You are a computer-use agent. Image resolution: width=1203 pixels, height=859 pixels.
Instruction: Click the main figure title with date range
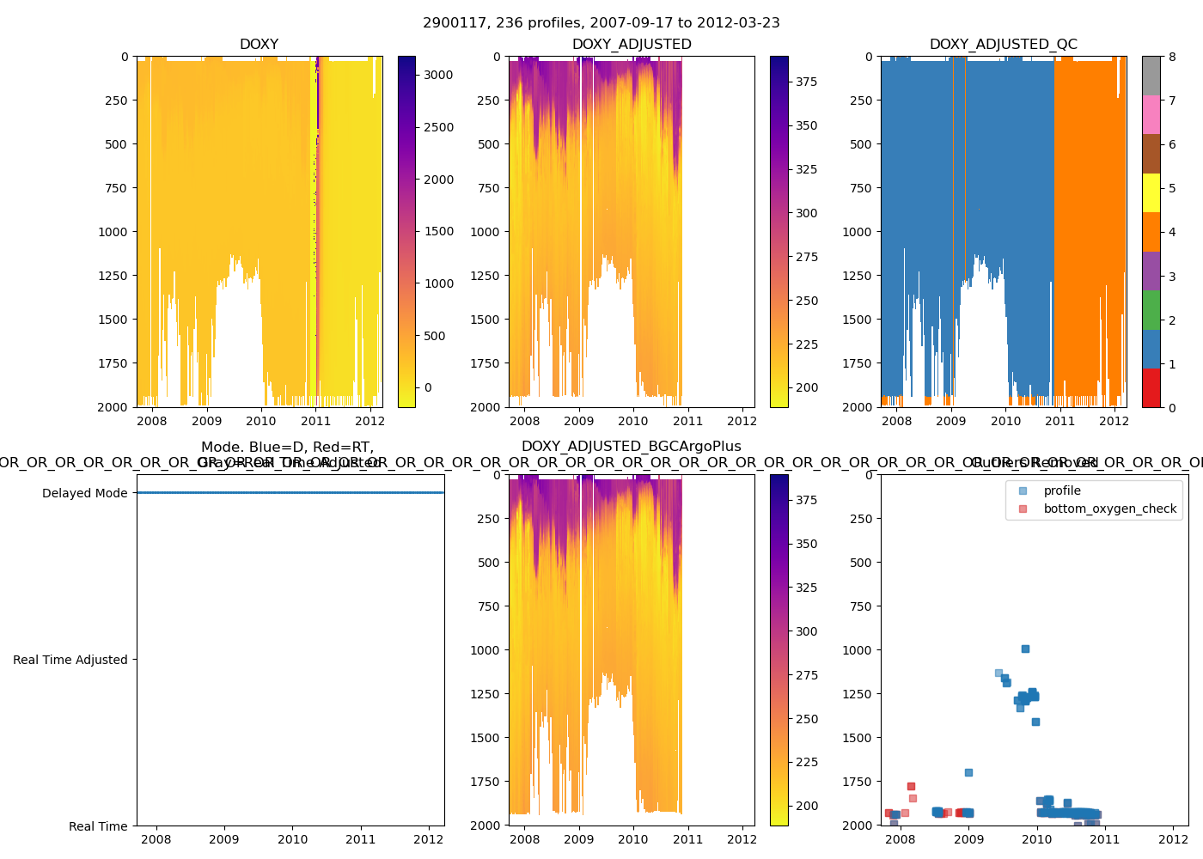[601, 23]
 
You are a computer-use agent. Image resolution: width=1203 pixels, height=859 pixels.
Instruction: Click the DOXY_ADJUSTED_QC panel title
[1003, 45]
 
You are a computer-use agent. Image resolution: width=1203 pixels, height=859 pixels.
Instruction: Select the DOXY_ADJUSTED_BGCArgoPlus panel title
[631, 447]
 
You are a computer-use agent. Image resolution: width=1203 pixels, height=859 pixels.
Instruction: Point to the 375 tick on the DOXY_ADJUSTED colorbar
[806, 82]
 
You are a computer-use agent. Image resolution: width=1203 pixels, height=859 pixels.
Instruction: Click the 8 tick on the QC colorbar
[1172, 57]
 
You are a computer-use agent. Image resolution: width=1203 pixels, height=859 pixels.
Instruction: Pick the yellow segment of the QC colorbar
[1151, 192]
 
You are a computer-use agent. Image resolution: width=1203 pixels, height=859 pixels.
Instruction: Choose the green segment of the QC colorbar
[1151, 310]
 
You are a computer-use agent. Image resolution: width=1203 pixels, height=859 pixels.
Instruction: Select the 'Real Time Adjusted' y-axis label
[70, 660]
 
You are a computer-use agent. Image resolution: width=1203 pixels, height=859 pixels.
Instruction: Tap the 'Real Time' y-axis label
[98, 826]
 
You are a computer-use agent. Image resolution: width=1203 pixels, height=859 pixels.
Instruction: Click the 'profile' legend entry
[1062, 490]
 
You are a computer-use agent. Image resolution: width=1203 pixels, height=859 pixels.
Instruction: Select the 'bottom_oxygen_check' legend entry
[1109, 509]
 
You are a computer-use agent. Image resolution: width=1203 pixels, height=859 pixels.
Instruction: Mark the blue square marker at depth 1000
[1025, 649]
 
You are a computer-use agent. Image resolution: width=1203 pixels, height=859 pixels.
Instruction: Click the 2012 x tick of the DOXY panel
[369, 421]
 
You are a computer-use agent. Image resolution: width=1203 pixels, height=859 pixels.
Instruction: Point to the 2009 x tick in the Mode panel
[224, 839]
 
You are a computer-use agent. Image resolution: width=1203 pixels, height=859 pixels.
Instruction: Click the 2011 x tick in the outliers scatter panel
[1105, 839]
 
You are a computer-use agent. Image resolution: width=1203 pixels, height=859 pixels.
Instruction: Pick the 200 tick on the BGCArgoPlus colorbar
[806, 806]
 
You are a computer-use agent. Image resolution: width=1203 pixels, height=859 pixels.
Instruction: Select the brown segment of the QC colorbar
[1151, 153]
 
